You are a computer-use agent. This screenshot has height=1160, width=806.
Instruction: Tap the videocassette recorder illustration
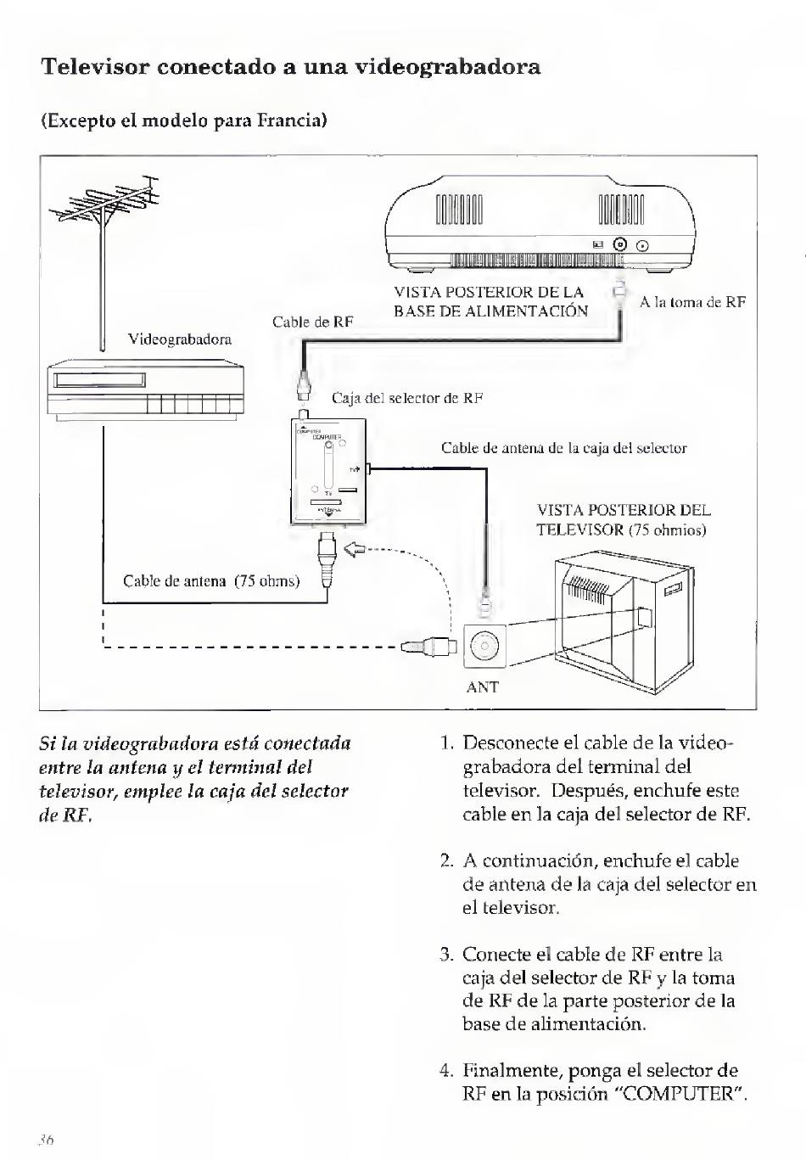pos(146,390)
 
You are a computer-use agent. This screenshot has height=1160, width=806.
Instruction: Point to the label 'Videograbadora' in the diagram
pos(179,339)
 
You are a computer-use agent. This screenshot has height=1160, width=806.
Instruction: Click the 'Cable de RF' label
pos(312,322)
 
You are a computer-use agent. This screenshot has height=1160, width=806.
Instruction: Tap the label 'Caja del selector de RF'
pos(406,398)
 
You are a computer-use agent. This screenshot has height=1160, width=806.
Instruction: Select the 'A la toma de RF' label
pos(692,301)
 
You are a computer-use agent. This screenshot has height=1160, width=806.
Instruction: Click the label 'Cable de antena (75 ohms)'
pos(211,581)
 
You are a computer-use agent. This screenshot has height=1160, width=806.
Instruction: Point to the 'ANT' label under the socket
pos(482,687)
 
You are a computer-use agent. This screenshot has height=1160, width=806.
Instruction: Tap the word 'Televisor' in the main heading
pos(94,66)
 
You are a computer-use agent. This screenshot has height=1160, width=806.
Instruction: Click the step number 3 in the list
pos(446,955)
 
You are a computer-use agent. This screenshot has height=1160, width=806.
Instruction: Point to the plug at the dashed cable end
pos(429,647)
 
